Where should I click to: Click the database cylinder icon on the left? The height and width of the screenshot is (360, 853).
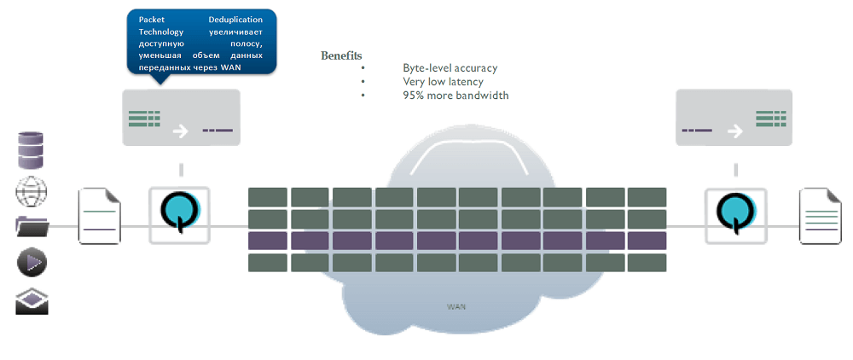point(31,151)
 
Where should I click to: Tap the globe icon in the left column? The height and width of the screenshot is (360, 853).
point(32,192)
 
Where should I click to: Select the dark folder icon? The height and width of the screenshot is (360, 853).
point(32,227)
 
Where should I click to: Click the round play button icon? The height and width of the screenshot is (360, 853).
point(32,263)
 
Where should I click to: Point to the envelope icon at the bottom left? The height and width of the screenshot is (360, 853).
point(32,301)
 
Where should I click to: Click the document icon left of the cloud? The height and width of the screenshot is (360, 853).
point(100,218)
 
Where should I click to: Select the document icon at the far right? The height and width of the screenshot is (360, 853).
point(820,217)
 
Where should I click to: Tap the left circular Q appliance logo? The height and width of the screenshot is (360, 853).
point(180,213)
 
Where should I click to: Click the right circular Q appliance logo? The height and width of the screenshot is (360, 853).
point(734,213)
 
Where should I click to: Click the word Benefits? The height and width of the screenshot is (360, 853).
point(341,55)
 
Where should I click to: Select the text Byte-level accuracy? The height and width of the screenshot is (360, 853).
point(450,68)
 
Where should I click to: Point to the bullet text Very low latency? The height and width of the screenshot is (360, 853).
point(443,82)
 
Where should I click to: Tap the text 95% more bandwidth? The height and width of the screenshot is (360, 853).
point(456,96)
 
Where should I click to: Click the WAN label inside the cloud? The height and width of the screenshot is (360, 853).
point(456,305)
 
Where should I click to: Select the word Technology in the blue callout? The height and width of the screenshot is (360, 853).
point(161,32)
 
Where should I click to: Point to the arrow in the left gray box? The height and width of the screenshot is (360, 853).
point(180,131)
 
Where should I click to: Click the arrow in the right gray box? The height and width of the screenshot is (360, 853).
point(733,131)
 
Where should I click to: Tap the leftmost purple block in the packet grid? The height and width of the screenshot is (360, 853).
point(267,241)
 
